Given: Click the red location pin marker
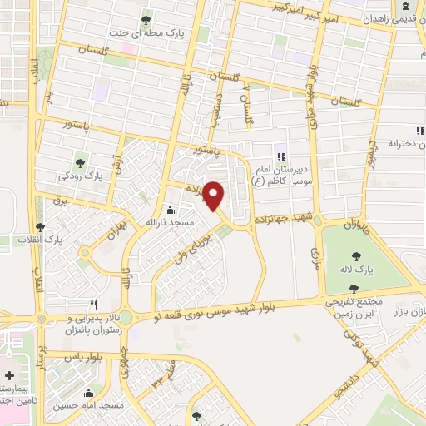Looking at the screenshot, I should point(214,195).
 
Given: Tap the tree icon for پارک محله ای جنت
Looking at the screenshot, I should point(146,20).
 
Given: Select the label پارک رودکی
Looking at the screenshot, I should point(81,176).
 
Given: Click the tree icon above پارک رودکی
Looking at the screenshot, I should point(81,162).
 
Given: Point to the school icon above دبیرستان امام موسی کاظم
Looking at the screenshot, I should point(280,156).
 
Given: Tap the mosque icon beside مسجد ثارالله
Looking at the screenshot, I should point(171,210).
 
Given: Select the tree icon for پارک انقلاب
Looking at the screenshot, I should point(41,226).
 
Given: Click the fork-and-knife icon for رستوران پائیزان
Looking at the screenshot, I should point(93,305).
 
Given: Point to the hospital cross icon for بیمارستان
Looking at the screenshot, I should point(9,376).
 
